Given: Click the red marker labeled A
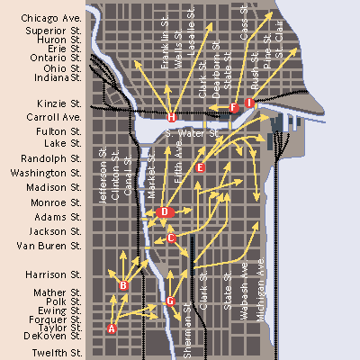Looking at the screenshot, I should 112,328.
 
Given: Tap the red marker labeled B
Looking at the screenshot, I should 124,285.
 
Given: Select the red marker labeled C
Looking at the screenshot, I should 171,238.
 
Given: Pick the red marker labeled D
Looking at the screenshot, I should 163,212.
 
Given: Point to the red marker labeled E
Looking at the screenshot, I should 200,167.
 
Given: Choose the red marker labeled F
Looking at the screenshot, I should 234,107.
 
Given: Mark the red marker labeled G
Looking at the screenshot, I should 170,301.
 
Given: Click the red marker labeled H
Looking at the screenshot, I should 171,117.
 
